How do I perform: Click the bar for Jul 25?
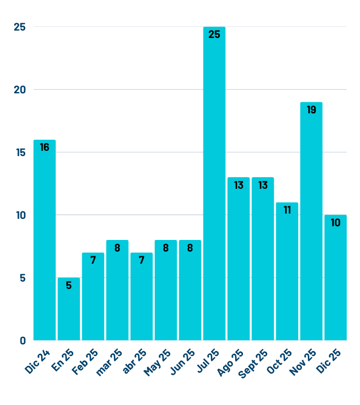214,185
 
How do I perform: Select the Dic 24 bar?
44,240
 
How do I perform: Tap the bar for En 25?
69,309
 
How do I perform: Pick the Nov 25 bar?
311,221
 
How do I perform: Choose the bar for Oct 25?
287,272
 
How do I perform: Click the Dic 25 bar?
335,278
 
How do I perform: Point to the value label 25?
214,35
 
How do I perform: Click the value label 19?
311,110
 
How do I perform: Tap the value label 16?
44,148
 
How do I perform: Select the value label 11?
287,210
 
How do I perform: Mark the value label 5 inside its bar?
69,286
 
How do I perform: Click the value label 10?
335,223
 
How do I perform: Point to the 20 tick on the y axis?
20,90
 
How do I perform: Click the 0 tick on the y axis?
23,341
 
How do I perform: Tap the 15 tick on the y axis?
20,152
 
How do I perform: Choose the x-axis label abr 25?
134,361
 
